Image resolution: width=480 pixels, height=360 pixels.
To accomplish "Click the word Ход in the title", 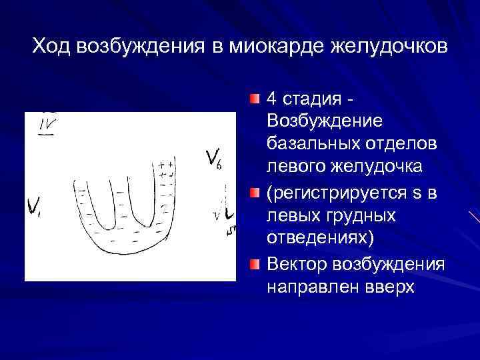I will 53,47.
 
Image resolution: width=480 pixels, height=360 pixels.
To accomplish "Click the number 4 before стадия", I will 271,99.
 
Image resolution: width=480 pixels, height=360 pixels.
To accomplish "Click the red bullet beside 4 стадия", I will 255,99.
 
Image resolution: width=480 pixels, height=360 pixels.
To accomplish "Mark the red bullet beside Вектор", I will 255,265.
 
